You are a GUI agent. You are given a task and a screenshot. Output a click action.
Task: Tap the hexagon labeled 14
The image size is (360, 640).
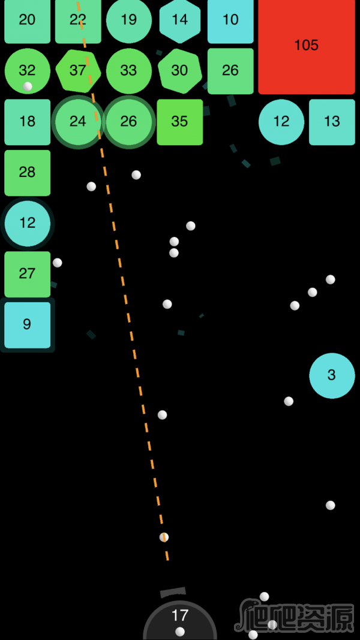click(x=180, y=20)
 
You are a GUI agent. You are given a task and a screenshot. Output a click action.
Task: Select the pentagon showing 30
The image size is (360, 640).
click(x=179, y=71)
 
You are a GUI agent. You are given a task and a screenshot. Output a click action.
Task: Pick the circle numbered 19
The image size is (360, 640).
click(x=129, y=20)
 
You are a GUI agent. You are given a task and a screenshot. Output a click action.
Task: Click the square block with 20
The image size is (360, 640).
click(x=28, y=20)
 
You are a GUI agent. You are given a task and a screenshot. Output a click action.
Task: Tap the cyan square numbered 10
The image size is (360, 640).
click(x=230, y=20)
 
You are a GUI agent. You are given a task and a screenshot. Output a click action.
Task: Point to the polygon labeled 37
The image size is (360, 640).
click(x=78, y=71)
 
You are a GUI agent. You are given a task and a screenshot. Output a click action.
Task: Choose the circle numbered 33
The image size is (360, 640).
click(x=129, y=71)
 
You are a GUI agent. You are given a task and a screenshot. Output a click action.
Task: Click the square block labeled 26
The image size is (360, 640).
click(x=230, y=71)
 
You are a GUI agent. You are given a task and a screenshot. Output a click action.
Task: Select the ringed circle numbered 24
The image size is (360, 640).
click(x=78, y=122)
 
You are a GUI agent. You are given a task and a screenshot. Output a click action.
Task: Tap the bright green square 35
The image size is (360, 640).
click(x=180, y=122)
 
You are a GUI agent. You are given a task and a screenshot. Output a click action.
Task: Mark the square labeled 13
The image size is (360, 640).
click(x=332, y=122)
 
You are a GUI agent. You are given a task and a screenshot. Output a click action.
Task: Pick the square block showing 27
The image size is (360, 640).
click(x=28, y=274)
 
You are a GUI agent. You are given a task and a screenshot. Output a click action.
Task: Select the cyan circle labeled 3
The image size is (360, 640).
click(x=332, y=375)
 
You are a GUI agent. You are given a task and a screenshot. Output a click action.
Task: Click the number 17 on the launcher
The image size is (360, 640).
click(x=179, y=615)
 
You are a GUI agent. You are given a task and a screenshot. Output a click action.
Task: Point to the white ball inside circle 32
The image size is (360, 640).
click(x=28, y=86)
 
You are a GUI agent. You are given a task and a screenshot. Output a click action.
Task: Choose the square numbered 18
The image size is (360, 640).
click(x=28, y=122)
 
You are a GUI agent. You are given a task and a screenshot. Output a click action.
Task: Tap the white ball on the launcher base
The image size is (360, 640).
click(x=180, y=632)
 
